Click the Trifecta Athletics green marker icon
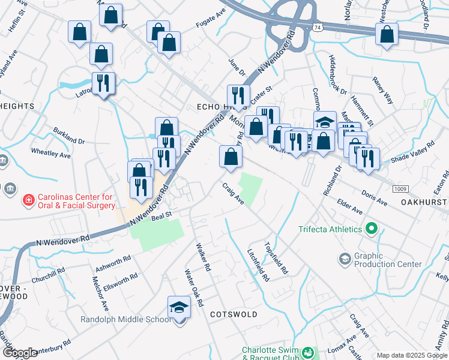371,229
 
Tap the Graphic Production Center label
388,260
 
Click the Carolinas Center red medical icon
28,200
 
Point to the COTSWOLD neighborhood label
234,314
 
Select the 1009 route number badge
402,189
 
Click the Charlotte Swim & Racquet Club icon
308,352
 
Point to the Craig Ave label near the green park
233,194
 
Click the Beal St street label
161,214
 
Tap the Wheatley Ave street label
51,155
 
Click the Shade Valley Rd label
412,154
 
